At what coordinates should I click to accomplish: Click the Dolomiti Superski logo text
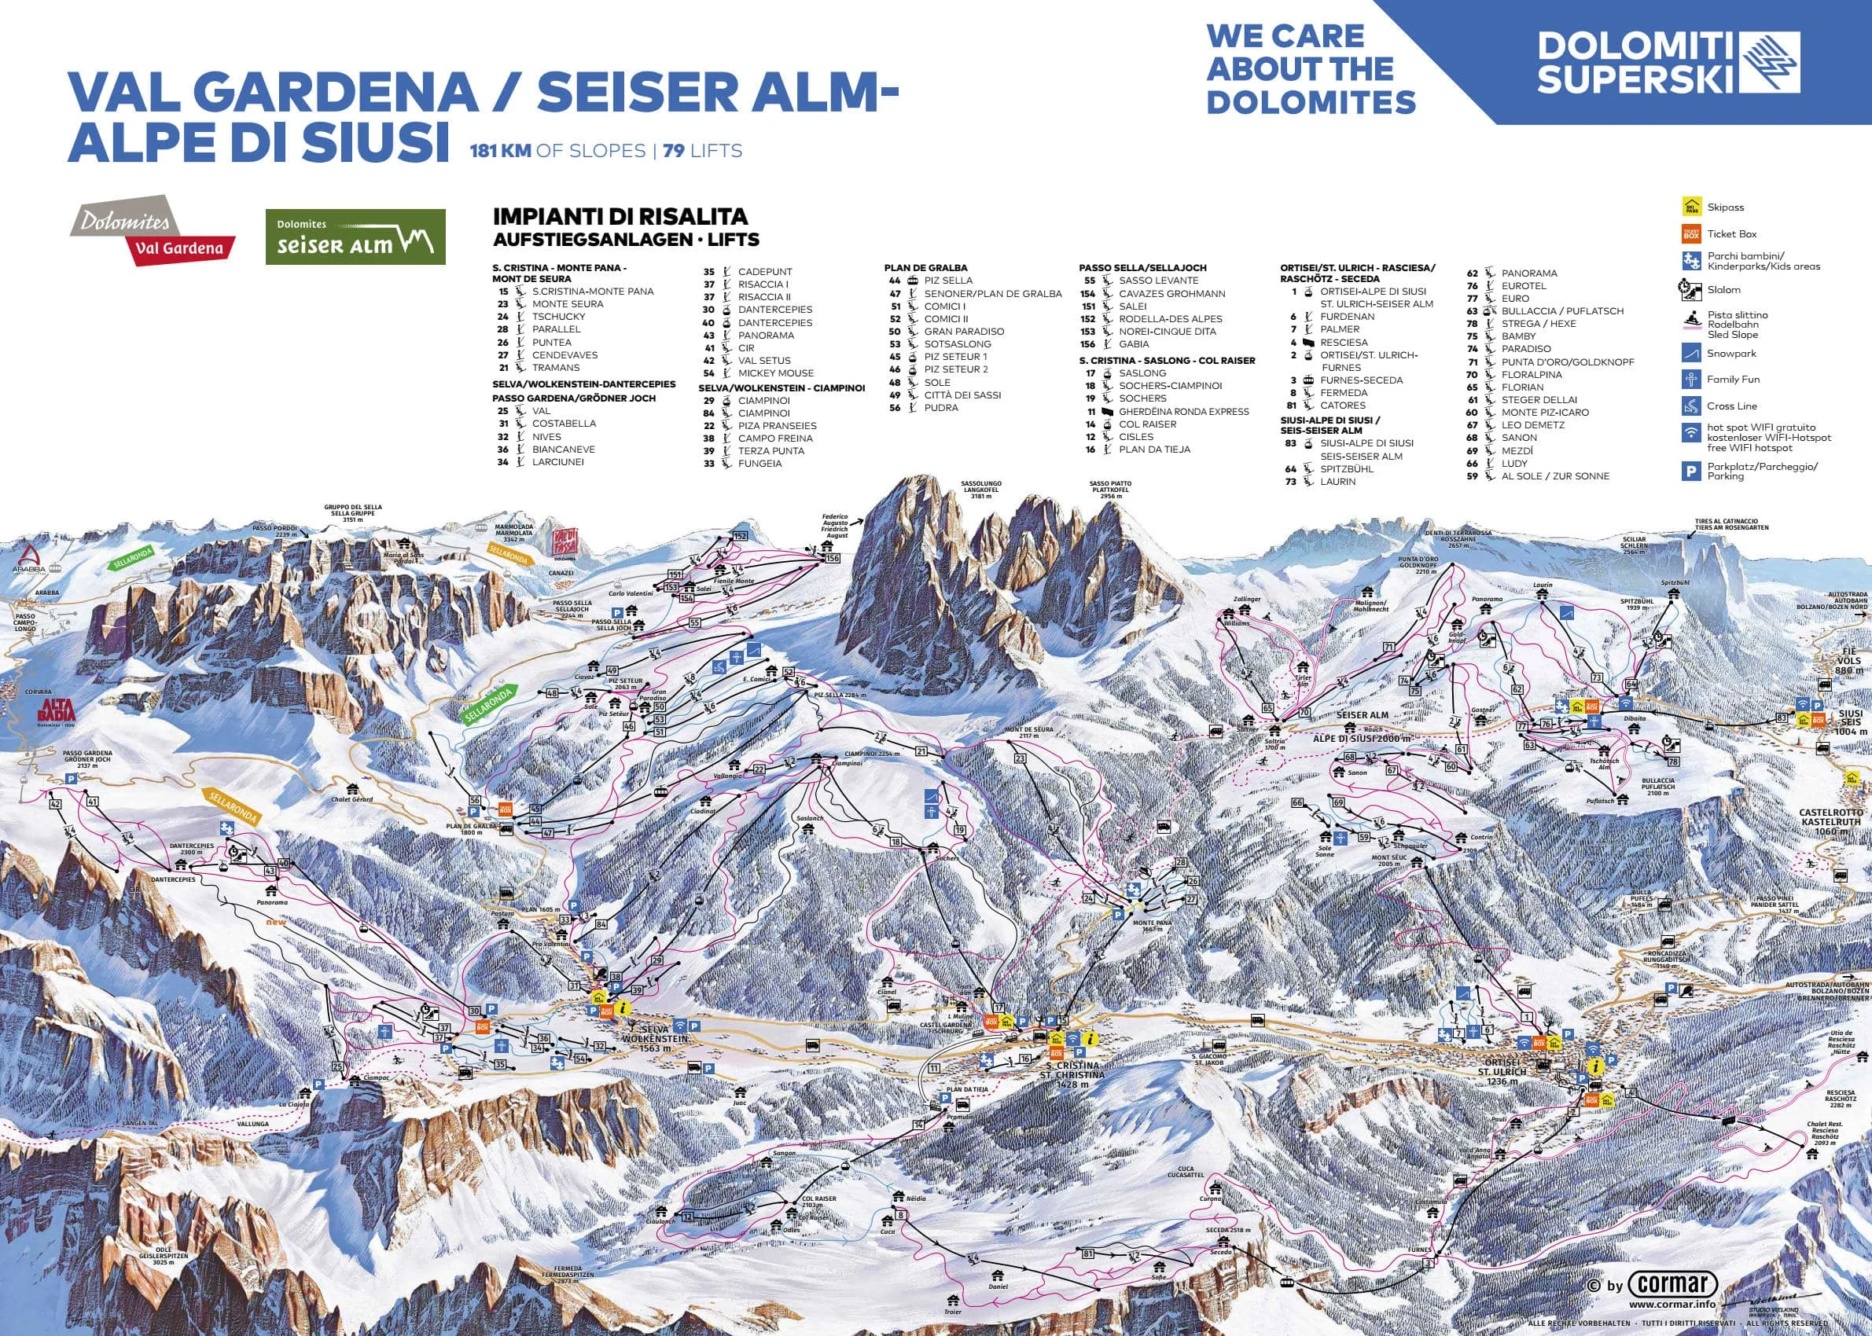pos(1636,63)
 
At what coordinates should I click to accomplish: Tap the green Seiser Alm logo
pos(355,237)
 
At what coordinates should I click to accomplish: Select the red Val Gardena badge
pos(179,248)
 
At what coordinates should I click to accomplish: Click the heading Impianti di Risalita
pos(620,217)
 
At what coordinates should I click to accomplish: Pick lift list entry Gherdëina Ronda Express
pos(1182,411)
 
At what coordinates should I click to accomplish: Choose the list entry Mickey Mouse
pos(775,373)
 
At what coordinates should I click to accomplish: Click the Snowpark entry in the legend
pos(1731,354)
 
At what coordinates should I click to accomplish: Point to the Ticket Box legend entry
pos(1731,234)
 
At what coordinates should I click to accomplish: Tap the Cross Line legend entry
pos(1731,406)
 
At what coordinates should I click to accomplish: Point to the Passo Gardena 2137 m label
pos(86,758)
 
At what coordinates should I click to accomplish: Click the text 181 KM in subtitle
pos(499,152)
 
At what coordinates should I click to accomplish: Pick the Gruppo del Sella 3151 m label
pos(352,513)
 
